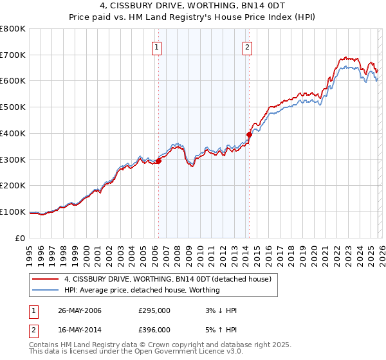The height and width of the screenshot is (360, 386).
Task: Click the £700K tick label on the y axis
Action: click(13, 55)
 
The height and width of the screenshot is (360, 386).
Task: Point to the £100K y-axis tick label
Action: click(13, 212)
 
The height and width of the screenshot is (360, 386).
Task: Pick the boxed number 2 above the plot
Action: click(248, 46)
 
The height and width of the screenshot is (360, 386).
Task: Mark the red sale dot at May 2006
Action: click(158, 161)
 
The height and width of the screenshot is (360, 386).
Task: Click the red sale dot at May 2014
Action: click(249, 134)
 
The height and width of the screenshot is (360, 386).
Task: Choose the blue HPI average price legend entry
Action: click(142, 290)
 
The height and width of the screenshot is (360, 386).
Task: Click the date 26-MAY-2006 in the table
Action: click(80, 310)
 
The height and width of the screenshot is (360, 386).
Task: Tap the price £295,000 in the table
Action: click(154, 310)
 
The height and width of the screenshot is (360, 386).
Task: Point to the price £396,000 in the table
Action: click(154, 329)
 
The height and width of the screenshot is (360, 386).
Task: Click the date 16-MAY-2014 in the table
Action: click(80, 329)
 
